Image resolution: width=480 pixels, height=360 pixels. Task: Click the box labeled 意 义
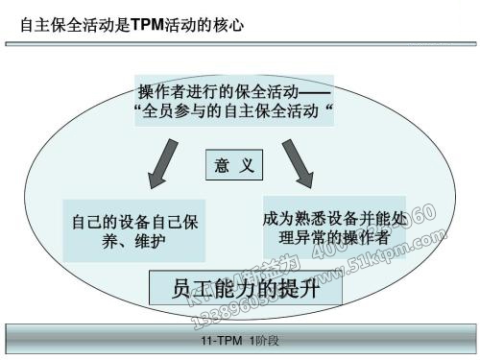235,166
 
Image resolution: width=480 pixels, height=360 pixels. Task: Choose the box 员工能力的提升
244,288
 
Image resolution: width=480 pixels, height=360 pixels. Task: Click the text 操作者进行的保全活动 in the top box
219,93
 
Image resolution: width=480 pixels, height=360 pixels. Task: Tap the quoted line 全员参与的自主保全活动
239,112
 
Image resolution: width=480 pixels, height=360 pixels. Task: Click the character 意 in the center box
224,166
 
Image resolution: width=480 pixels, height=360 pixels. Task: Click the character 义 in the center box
248,166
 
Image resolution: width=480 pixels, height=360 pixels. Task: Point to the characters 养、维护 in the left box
135,240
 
